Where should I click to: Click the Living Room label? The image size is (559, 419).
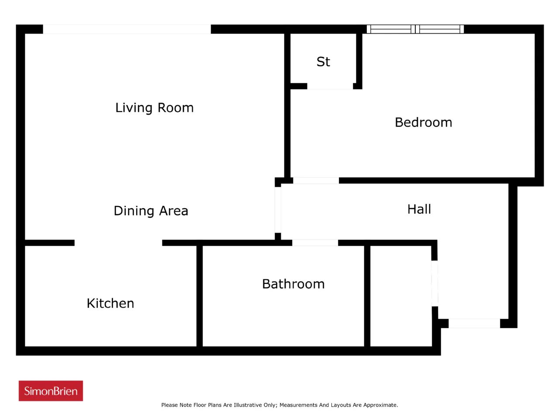(154, 108)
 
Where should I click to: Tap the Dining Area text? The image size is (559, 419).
(151, 211)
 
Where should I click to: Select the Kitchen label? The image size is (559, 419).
(110, 303)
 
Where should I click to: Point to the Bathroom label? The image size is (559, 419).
(293, 284)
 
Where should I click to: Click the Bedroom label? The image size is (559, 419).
(423, 122)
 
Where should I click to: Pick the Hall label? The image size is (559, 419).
(419, 209)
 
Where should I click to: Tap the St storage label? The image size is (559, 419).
(323, 62)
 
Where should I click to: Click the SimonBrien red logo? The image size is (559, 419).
(51, 391)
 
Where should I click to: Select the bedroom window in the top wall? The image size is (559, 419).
(415, 29)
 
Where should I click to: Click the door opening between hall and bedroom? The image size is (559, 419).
(316, 180)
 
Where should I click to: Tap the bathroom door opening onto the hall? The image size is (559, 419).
(315, 243)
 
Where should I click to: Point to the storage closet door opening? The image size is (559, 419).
(330, 86)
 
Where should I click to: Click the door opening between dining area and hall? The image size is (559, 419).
(278, 210)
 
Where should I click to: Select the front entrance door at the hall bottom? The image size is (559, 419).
(474, 323)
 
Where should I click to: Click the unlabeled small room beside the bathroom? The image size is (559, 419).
(401, 296)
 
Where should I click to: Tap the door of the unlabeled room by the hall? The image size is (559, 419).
(435, 283)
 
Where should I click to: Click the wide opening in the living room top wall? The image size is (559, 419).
(127, 29)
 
